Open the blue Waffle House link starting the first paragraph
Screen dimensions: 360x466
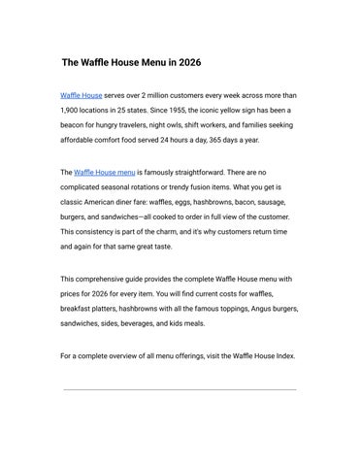81,97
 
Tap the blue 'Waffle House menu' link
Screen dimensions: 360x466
104,172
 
